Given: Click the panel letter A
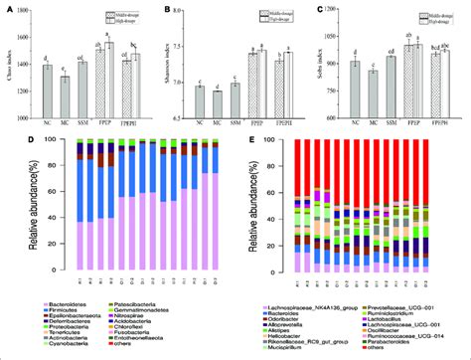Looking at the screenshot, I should pos(11,9).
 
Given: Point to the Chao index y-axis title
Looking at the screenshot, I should pos(8,65).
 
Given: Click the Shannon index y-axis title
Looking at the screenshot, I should pos(162,65).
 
